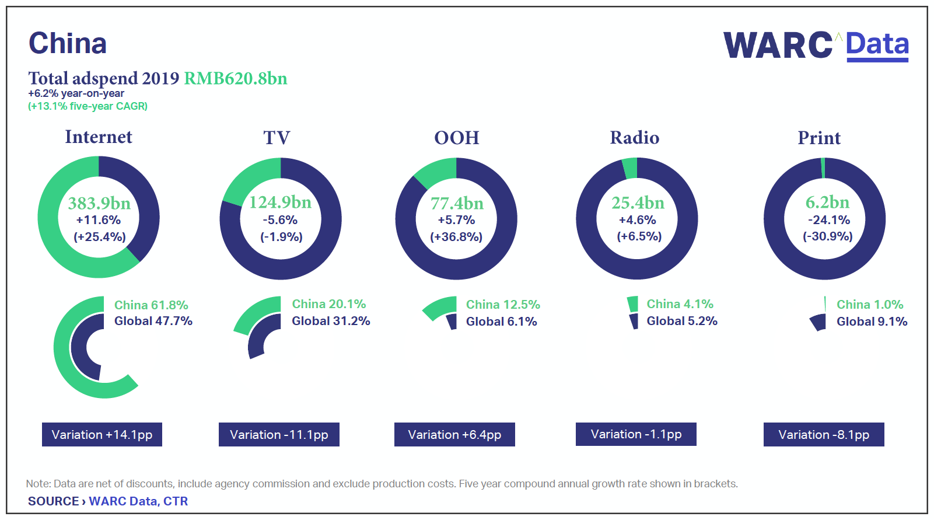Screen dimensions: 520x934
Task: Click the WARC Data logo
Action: (816, 46)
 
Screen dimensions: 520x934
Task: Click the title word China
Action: (68, 43)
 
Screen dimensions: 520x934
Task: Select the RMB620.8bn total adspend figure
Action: (236, 78)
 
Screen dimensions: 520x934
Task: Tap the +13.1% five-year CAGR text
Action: (88, 106)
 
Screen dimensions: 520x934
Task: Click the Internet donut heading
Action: (99, 137)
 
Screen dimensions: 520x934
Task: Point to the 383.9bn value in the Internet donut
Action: (99, 203)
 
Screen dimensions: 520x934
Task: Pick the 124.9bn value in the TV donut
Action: (281, 202)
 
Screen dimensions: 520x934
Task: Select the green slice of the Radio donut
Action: (630, 168)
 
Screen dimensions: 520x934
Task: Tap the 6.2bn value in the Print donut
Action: (827, 202)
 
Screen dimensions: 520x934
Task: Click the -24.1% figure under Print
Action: (828, 220)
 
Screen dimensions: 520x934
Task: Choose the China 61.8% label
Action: (151, 305)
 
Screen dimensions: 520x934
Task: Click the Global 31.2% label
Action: (331, 321)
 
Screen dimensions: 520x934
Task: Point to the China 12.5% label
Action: (503, 305)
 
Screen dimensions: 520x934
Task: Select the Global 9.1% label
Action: (872, 322)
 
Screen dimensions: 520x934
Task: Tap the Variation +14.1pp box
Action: (102, 435)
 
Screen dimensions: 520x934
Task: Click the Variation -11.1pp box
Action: (279, 435)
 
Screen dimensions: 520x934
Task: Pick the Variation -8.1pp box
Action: (824, 435)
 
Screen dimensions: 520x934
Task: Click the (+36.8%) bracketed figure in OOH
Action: (456, 237)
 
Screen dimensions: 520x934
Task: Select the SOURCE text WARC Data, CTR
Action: (138, 501)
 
